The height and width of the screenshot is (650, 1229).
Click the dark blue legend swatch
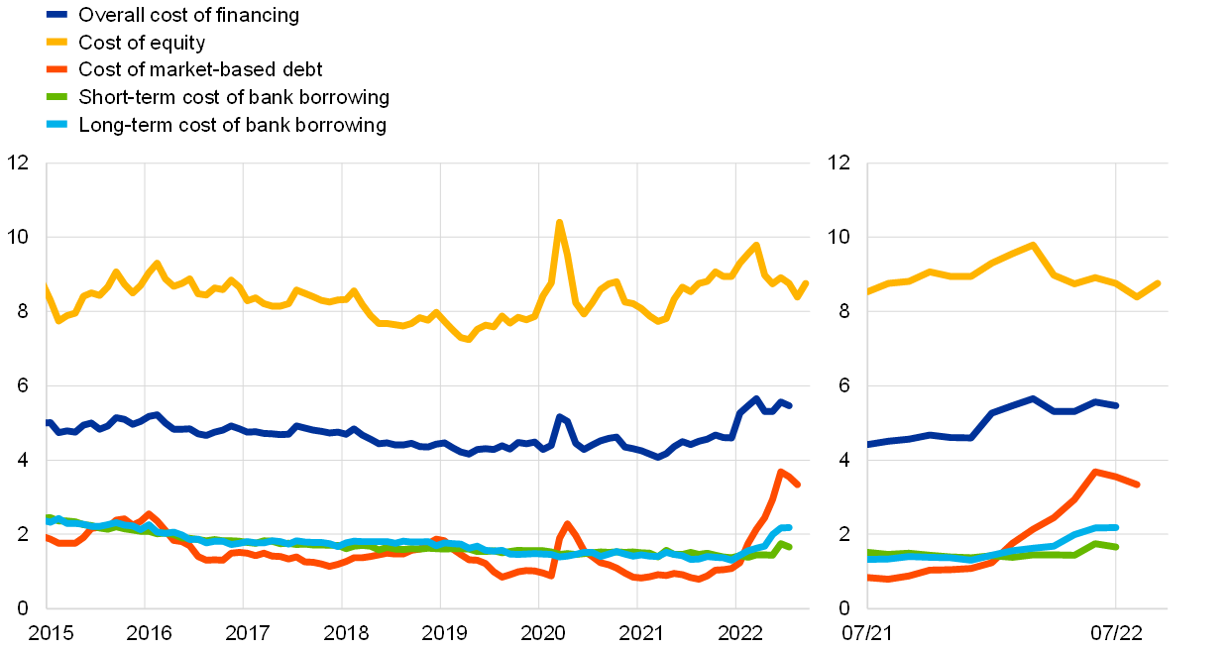coord(56,14)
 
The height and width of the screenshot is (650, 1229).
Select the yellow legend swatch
coord(56,42)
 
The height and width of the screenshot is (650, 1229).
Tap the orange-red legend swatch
coord(56,69)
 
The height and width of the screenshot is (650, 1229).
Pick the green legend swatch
coord(56,96)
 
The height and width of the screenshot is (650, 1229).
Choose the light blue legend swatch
coord(56,124)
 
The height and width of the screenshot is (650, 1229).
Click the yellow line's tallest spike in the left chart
coord(559,222)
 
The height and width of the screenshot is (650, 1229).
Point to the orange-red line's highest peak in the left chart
coord(781,472)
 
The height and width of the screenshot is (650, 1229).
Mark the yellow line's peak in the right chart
coord(1033,244)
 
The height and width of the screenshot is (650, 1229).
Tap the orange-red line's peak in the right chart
coord(1095,472)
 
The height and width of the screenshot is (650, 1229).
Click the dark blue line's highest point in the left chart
coord(756,399)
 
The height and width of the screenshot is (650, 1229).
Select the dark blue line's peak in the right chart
coord(1033,398)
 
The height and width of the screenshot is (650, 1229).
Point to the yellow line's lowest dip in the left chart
coord(466,339)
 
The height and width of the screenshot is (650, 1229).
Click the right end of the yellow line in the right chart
coord(1158,283)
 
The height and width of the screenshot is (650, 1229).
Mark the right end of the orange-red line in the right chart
coord(1137,485)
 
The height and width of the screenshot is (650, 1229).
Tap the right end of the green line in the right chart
coord(1117,547)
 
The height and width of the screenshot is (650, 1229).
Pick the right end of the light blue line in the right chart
coord(1117,527)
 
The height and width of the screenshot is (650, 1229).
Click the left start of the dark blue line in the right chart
coord(869,444)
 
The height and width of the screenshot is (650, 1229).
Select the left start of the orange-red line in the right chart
coord(869,577)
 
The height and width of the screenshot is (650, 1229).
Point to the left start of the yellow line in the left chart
coord(47,287)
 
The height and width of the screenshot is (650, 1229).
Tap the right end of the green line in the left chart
coord(790,547)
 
